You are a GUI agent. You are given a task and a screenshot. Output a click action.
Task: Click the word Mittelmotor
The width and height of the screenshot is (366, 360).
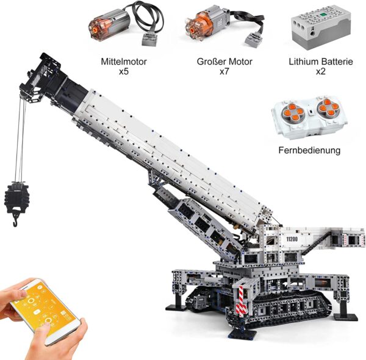(124, 62)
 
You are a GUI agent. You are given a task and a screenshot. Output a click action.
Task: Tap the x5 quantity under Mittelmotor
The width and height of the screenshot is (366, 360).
(124, 71)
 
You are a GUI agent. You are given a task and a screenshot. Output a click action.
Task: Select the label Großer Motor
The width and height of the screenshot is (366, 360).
(224, 62)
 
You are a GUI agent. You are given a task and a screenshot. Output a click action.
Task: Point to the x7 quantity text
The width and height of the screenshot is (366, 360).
(224, 71)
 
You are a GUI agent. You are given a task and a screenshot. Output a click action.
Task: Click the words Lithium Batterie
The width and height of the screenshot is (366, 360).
(321, 62)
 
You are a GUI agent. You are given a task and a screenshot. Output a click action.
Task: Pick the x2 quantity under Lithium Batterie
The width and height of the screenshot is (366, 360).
(321, 71)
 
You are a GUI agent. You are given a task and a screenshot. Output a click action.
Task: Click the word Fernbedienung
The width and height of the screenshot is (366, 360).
(309, 150)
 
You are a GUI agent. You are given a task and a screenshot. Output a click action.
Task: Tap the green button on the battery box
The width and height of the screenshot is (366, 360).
(323, 15)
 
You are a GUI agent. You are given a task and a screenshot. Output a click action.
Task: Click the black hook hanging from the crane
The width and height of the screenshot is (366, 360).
(15, 219)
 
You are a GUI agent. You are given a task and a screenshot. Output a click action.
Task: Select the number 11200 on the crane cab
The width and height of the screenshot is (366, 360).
(292, 239)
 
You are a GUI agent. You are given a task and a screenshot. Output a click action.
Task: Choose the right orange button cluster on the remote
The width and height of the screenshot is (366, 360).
(328, 107)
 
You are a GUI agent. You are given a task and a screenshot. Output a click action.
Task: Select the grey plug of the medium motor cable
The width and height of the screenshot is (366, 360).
(149, 39)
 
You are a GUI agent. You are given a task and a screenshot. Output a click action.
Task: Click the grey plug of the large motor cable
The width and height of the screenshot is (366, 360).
(253, 38)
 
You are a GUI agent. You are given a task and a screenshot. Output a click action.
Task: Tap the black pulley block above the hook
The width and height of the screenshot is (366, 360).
(16, 196)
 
